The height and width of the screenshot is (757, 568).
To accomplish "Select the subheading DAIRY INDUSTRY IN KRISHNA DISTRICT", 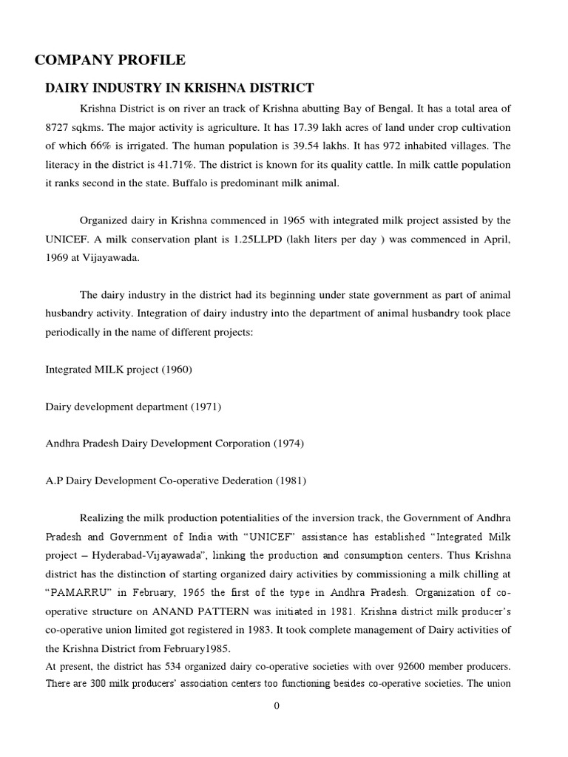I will (x=180, y=88).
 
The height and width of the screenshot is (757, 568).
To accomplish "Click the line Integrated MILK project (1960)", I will (x=118, y=369).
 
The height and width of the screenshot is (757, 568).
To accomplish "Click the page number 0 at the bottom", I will (x=277, y=706).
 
